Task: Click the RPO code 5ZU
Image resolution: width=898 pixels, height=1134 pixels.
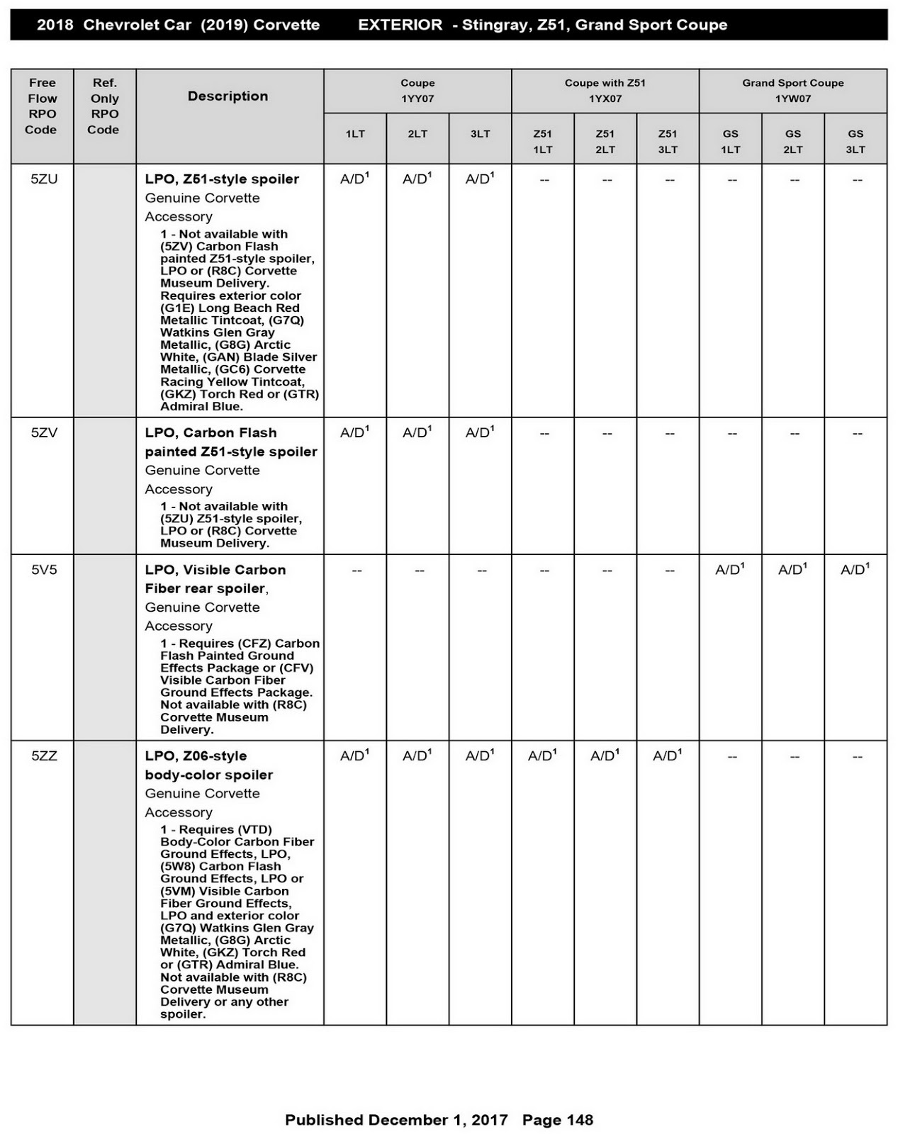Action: coord(44,179)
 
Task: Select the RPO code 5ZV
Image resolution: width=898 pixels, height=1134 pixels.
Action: coord(44,432)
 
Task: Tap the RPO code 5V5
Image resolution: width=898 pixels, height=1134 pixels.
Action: coord(44,570)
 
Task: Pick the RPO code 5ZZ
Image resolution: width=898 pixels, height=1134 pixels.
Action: coord(44,756)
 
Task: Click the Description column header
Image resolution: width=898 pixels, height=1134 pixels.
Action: coord(228,96)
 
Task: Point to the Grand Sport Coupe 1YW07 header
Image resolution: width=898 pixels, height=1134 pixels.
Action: coord(792,91)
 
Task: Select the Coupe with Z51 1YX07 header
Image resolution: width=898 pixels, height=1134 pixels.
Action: coord(605,91)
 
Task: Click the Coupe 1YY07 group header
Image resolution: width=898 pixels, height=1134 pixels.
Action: coord(417,91)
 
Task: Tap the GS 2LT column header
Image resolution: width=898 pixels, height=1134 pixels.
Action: coord(792,141)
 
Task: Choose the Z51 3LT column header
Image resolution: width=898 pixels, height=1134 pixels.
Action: coord(667,141)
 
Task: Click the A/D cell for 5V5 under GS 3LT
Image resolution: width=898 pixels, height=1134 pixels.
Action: coord(855,570)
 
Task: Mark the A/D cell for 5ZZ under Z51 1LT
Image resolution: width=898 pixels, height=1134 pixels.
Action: coord(542,756)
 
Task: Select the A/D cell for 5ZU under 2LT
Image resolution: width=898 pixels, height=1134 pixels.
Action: coord(417,179)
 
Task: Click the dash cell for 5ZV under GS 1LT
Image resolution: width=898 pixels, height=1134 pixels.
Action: coord(731,433)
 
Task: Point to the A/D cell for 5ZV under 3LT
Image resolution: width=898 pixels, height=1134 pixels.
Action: coord(480,432)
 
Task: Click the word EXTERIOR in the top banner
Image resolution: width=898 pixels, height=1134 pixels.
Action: coord(400,26)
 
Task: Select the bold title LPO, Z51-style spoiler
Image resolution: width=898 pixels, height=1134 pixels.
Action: coord(222,179)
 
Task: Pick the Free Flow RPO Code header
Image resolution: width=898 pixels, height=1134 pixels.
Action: coord(42,106)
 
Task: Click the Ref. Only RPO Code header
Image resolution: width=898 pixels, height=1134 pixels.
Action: coord(104,106)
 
